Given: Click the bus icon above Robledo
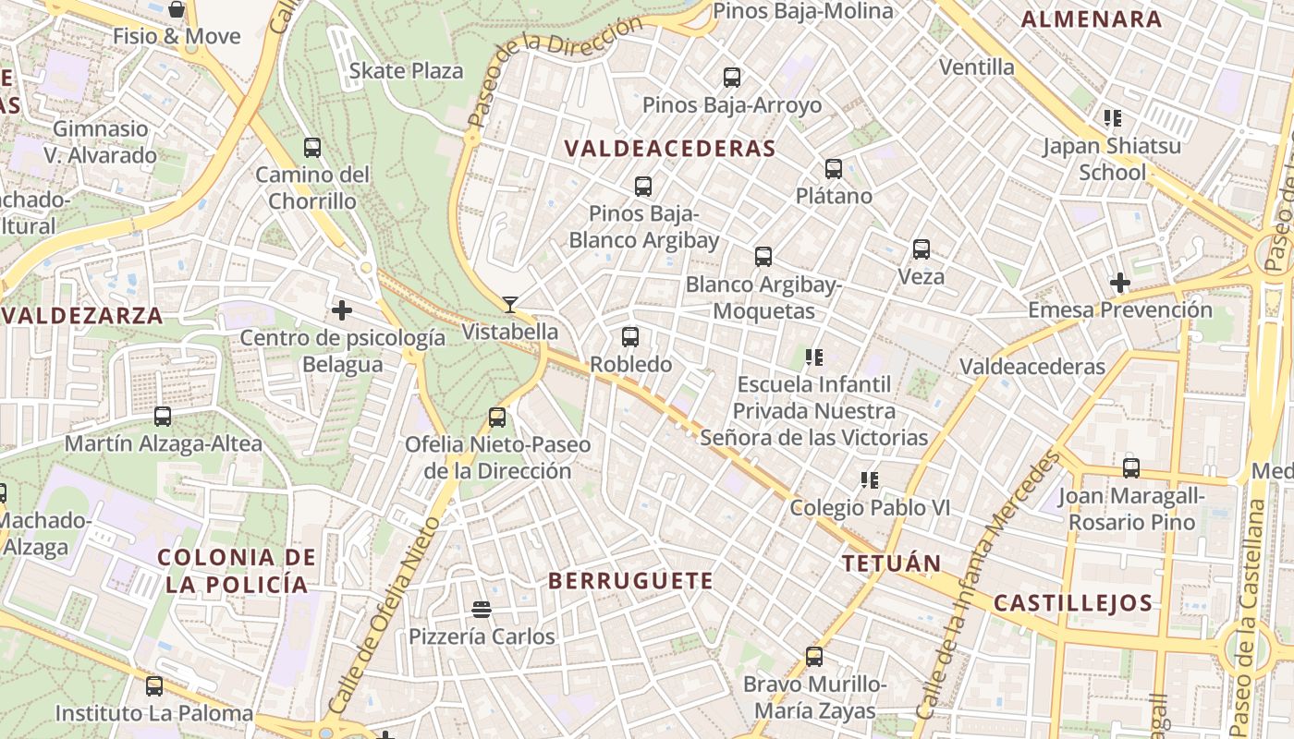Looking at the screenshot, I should point(630,337).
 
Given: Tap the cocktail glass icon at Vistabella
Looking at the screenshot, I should point(509,304).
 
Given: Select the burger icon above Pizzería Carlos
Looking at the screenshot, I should point(481,609).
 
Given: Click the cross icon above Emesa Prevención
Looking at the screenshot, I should point(1120,282).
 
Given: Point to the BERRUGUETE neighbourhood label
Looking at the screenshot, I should point(630,581).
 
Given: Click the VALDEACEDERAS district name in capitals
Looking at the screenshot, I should point(669,149).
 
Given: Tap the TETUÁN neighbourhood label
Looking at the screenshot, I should point(891,563).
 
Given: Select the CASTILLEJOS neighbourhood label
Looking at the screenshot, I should point(1073,604).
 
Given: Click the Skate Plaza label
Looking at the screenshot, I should point(406,71).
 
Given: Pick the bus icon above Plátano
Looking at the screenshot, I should point(834,169).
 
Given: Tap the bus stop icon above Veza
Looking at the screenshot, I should point(922,249).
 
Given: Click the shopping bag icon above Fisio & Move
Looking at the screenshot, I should point(177,10).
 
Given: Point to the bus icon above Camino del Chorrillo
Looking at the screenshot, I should point(312,148).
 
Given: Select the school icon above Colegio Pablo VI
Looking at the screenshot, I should point(869,480).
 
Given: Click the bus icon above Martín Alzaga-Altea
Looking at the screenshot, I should point(163,417).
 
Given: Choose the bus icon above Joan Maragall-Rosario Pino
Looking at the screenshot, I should point(1131,468).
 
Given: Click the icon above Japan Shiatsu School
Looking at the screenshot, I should point(1113,118).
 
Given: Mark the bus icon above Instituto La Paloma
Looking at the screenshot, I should point(154,686).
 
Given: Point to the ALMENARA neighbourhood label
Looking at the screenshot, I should point(1092,19).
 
